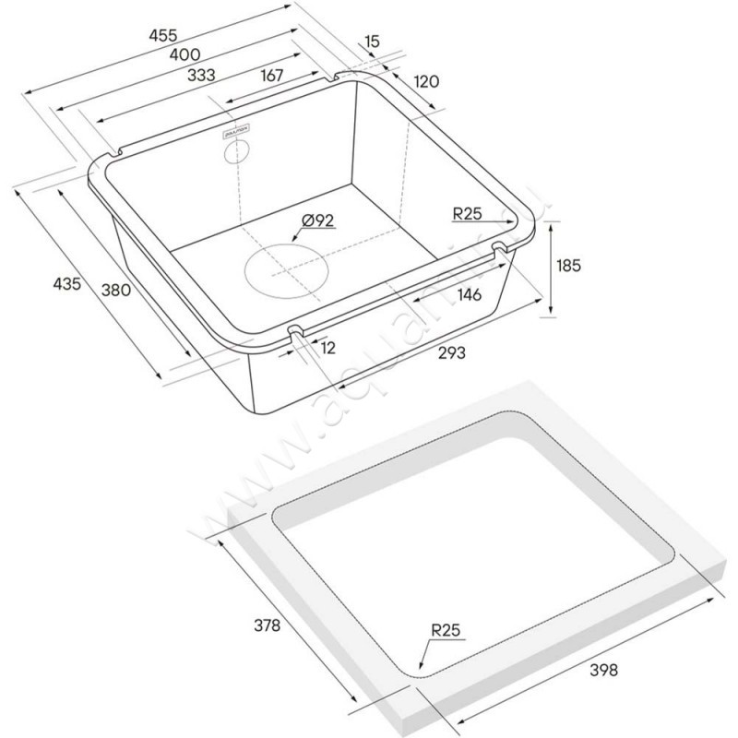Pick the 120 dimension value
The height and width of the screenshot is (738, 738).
click(425, 82)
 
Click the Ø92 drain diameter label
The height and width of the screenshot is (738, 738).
click(317, 220)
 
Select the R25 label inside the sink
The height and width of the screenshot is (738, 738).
click(470, 215)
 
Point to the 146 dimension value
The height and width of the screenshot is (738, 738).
click(470, 295)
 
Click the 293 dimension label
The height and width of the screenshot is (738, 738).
click(451, 352)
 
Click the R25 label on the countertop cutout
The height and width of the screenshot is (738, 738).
click(445, 632)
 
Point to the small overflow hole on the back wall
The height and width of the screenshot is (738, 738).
click(238, 153)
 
